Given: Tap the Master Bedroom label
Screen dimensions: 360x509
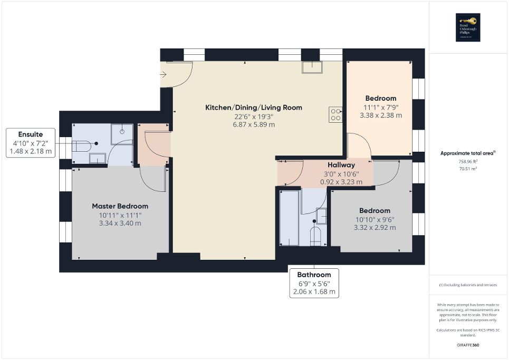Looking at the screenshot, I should [x=120, y=206].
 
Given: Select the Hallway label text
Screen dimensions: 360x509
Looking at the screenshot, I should [x=341, y=165].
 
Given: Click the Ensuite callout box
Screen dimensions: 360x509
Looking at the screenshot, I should [x=31, y=143].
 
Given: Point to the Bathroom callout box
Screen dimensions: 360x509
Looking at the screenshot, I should [x=314, y=283].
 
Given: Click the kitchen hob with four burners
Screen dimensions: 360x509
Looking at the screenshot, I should [x=335, y=114].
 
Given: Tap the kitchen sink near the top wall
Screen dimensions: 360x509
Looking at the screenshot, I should [x=312, y=67].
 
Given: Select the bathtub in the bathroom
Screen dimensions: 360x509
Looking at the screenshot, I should [x=289, y=219].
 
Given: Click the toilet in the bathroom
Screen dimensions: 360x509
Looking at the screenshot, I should [x=315, y=235].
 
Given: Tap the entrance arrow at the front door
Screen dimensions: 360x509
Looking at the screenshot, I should [x=164, y=75].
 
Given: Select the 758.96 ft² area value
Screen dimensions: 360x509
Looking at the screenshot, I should [x=468, y=162].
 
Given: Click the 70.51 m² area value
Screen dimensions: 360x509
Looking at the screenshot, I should [x=468, y=169].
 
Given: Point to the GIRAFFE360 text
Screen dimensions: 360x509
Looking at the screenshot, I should [x=468, y=345].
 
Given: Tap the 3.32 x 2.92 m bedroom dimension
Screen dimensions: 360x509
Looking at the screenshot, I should [x=374, y=228].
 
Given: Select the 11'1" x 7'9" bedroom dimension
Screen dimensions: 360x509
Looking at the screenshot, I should [x=380, y=107].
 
